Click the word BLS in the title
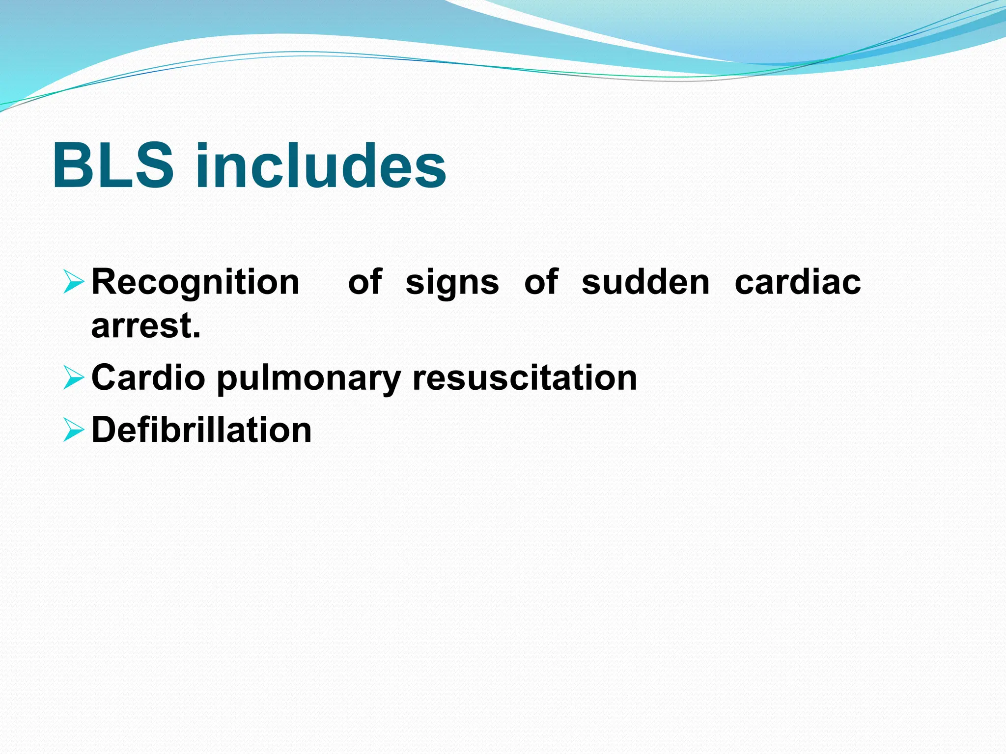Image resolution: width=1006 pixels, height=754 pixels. (113, 165)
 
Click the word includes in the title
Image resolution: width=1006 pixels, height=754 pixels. (321, 165)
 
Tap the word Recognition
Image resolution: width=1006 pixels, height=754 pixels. (196, 283)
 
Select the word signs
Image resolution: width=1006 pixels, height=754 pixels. (452, 283)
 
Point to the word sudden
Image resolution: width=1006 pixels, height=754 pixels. (646, 283)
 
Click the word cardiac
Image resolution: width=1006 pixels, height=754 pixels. (798, 283)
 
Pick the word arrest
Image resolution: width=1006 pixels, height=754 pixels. (142, 326)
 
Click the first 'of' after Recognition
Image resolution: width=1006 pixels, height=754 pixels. (365, 283)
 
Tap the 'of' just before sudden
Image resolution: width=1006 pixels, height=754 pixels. (541, 283)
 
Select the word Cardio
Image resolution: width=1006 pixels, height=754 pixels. (148, 378)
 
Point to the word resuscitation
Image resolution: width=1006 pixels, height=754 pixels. (525, 378)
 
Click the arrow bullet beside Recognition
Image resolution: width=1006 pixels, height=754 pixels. (74, 283)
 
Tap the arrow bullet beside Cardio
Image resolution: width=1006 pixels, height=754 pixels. (74, 378)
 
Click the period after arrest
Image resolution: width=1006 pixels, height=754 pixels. (197, 337)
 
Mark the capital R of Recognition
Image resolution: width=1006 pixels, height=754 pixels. (104, 283)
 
